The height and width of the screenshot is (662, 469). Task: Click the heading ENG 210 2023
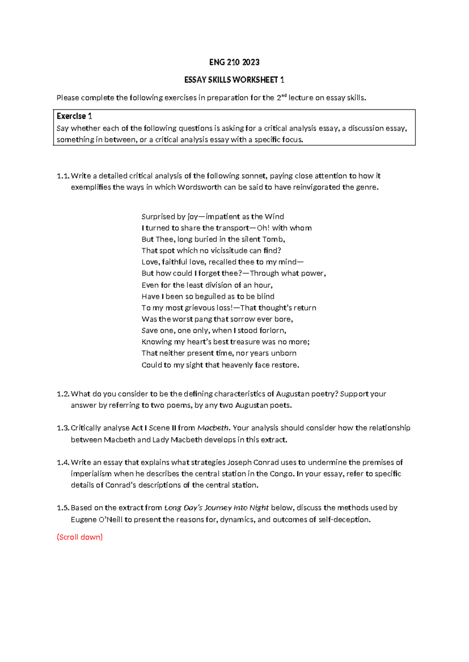[234, 62]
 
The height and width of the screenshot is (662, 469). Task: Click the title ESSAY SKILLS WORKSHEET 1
[234, 80]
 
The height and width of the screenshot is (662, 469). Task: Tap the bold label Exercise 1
[74, 116]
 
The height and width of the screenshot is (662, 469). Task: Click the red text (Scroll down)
[80, 537]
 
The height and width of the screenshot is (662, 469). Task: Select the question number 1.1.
[63, 176]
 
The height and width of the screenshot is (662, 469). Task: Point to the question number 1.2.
[63, 394]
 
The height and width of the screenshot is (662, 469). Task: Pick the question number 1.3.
[63, 428]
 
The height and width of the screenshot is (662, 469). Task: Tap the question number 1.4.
[63, 463]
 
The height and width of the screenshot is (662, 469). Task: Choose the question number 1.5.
[63, 508]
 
